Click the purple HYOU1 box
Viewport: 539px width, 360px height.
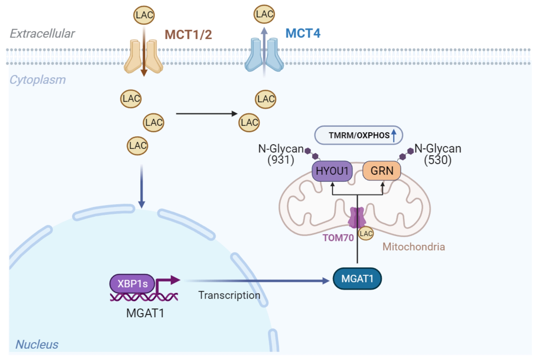click(332, 171)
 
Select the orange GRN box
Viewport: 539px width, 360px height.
click(382, 171)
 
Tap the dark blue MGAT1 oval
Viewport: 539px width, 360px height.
click(357, 279)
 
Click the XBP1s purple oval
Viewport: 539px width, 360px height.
click(132, 284)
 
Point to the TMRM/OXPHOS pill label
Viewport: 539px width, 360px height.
click(359, 135)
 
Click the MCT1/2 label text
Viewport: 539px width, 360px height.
click(188, 35)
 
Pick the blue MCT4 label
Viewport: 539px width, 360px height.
click(303, 33)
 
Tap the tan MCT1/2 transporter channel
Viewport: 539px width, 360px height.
click(143, 57)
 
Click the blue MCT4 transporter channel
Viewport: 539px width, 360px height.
click(264, 55)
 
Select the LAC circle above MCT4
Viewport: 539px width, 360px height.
click(264, 14)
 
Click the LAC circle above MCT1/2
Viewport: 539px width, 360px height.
click(144, 15)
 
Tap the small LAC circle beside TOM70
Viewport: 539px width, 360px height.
click(366, 234)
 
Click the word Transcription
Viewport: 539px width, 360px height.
click(229, 295)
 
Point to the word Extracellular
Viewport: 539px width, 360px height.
click(42, 34)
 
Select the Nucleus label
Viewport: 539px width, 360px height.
click(37, 344)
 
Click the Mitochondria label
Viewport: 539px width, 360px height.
click(413, 247)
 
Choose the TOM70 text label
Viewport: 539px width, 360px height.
click(338, 238)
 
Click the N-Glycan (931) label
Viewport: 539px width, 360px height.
click(281, 154)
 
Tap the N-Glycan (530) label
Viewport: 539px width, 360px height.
click(438, 154)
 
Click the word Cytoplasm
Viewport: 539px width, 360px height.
click(38, 80)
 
